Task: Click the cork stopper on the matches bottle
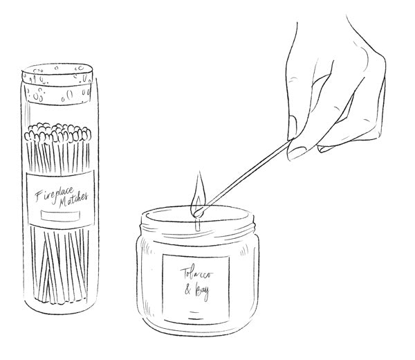point(57,84)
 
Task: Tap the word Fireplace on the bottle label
point(54,194)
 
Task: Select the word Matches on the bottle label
point(73,200)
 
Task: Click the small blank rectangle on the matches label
point(60,215)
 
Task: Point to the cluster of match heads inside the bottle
point(57,132)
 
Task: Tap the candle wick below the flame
point(197,224)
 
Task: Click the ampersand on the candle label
point(187,289)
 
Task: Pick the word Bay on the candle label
point(202,291)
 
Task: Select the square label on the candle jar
point(196,289)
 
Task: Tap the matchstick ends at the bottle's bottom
point(60,299)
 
